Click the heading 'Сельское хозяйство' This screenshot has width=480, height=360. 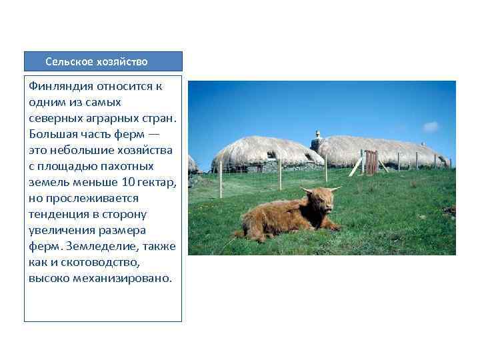coord(97,62)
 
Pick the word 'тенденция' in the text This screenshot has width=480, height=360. coord(58,214)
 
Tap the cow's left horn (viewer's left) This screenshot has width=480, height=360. coord(305,191)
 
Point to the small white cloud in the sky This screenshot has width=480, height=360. coord(431,127)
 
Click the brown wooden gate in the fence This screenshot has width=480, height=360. coord(371,162)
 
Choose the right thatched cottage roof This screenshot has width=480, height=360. coord(380,147)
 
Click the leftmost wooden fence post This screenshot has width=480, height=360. coord(221,179)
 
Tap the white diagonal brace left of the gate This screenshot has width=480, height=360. coord(356,166)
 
